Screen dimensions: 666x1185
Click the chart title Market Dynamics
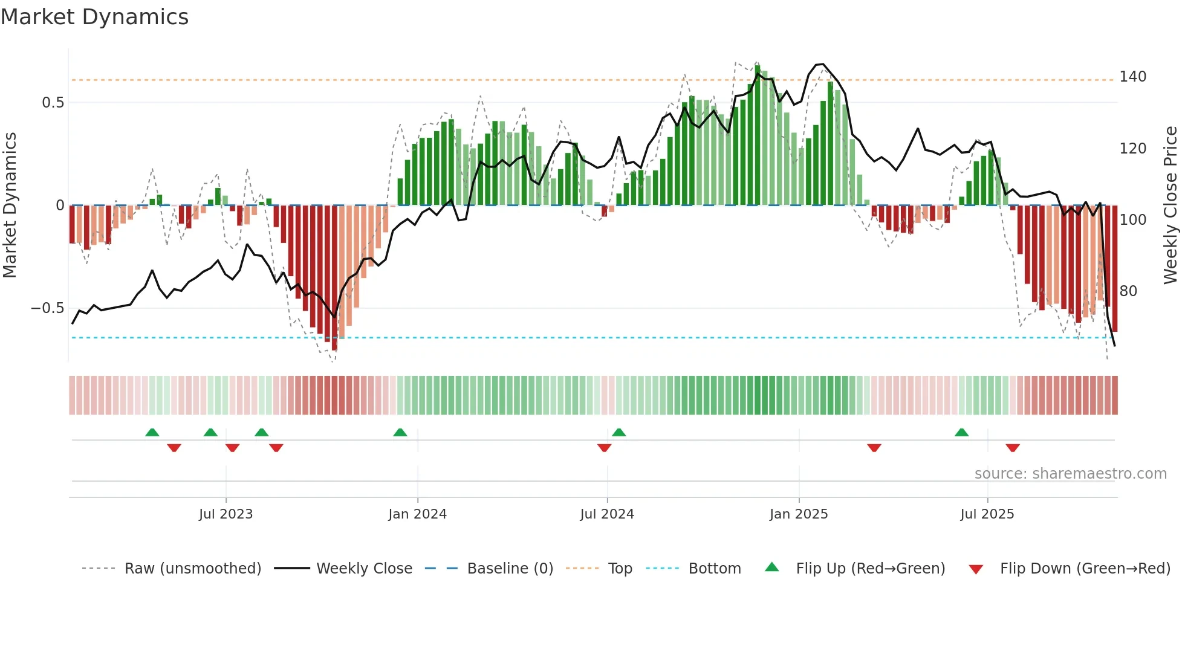pyautogui.click(x=94, y=17)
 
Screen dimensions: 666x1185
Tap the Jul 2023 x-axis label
pyautogui.click(x=226, y=514)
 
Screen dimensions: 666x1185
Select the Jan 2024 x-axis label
pyautogui.click(x=417, y=514)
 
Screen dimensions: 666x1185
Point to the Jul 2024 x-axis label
pyautogui.click(x=607, y=514)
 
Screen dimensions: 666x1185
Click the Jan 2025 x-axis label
pyautogui.click(x=799, y=514)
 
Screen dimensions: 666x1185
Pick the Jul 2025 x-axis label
pyautogui.click(x=987, y=514)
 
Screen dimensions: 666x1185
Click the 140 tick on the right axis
pyautogui.click(x=1132, y=77)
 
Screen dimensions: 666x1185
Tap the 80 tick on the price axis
pyautogui.click(x=1128, y=291)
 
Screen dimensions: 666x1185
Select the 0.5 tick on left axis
pyautogui.click(x=53, y=103)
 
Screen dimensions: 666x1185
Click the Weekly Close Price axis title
pyautogui.click(x=1170, y=205)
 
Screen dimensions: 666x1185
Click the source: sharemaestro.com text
pyautogui.click(x=1070, y=474)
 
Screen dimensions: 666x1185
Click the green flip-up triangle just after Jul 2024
pyautogui.click(x=618, y=432)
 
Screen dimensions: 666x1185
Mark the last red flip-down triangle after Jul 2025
pyautogui.click(x=1013, y=448)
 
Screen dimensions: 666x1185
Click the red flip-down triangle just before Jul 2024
pyautogui.click(x=604, y=448)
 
